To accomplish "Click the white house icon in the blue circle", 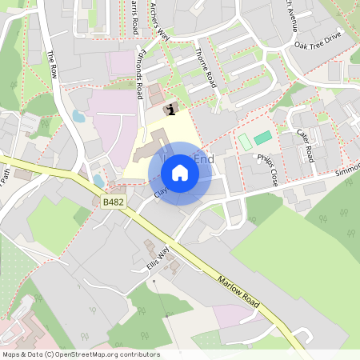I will [x=179, y=173].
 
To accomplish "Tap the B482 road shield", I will [x=114, y=203].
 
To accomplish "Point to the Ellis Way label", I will [x=158, y=255].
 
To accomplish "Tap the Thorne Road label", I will [x=206, y=69].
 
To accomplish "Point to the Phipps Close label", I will [x=267, y=170].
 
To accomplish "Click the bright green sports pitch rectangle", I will [x=262, y=138].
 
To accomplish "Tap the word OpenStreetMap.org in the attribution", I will [x=84, y=354].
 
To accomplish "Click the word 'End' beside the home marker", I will [x=204, y=160].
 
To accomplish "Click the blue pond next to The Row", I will [x=78, y=116].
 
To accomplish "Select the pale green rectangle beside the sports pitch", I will [x=244, y=142].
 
